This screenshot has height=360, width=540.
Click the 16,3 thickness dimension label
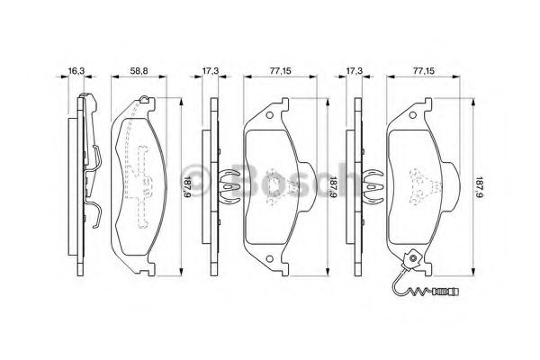(x=76, y=71)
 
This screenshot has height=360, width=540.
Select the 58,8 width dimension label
(x=139, y=71)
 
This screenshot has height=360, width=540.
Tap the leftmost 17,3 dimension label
(x=210, y=71)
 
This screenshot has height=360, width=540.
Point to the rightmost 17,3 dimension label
(x=355, y=71)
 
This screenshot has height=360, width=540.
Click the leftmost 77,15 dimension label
(x=280, y=71)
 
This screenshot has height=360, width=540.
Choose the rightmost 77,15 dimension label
(x=424, y=71)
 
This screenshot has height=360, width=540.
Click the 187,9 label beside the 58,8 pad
(x=186, y=187)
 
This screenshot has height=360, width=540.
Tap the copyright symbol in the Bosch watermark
(x=195, y=182)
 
